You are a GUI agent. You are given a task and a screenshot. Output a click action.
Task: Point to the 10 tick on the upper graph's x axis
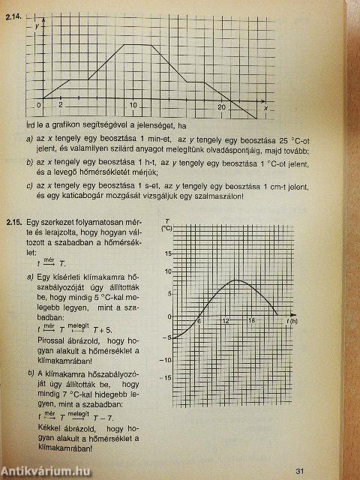[x=133, y=104]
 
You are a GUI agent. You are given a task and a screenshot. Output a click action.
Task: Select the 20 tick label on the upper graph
[x=222, y=108]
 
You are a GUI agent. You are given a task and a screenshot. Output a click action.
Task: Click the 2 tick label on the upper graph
[x=60, y=103]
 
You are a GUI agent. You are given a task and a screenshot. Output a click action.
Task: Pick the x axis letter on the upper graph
[x=265, y=109]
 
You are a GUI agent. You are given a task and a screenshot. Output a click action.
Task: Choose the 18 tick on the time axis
[x=252, y=321]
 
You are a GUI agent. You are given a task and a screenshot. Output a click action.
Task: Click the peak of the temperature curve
[x=237, y=280]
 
